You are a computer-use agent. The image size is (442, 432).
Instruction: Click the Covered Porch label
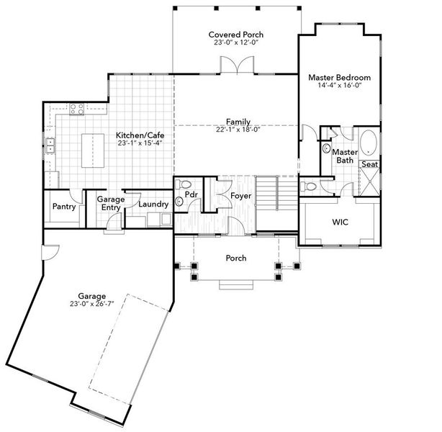pyautogui.click(x=236, y=34)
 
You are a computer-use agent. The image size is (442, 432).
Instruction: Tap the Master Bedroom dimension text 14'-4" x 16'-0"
pyautogui.click(x=339, y=85)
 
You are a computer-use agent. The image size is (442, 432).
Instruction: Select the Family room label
pyautogui.click(x=238, y=121)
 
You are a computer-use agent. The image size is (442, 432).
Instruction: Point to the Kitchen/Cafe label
pyautogui.click(x=140, y=135)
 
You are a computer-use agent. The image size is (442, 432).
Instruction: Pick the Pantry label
pyautogui.click(x=64, y=206)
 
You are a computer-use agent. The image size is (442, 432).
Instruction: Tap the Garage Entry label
pyautogui.click(x=106, y=203)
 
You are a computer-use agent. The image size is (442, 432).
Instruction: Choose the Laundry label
pyautogui.click(x=153, y=204)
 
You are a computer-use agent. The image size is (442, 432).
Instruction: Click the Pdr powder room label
pyautogui.click(x=192, y=195)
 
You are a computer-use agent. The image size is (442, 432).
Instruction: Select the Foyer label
pyautogui.click(x=240, y=196)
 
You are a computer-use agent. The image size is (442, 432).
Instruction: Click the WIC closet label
pyautogui.click(x=340, y=222)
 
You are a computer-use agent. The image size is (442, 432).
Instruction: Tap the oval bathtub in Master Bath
pyautogui.click(x=369, y=143)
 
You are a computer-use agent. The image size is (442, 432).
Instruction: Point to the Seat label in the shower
pyautogui.click(x=369, y=165)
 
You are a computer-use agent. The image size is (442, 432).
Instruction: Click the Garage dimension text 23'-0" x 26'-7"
pyautogui.click(x=92, y=304)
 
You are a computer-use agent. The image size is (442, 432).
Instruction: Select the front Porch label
pyautogui.click(x=236, y=258)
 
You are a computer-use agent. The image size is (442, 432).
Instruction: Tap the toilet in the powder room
pyautogui.click(x=183, y=184)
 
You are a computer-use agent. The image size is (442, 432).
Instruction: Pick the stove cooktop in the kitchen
pyautogui.click(x=76, y=109)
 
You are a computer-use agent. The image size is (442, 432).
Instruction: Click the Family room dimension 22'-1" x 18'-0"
pyautogui.click(x=238, y=130)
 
